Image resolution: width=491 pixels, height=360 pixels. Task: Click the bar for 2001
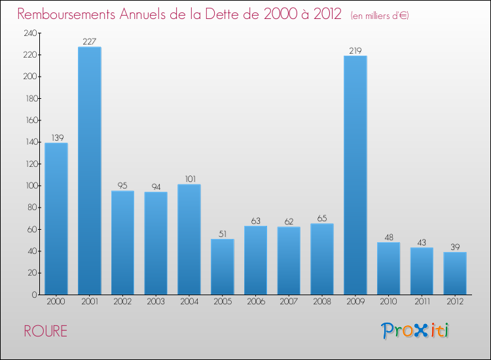coord(90,171)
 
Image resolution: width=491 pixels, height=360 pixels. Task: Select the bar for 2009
coord(355,175)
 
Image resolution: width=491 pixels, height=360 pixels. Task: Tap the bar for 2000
coord(56,219)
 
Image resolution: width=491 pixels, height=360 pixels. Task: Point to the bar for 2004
coord(189,239)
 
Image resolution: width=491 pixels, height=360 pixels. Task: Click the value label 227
coord(90,42)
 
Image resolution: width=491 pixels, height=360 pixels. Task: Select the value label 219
coord(355,50)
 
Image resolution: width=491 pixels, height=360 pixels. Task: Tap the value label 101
coord(189,179)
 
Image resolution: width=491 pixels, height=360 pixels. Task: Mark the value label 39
coord(455,247)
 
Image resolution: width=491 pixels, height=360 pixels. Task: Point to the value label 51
coord(223,234)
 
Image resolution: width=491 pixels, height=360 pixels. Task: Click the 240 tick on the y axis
coord(30,33)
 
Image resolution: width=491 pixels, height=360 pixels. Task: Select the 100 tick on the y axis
coord(30,186)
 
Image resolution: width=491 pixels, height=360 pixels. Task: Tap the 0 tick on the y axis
coord(33,295)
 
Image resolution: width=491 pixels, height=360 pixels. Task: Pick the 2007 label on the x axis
coord(289,301)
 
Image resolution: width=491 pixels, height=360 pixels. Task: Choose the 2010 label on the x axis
coord(389,301)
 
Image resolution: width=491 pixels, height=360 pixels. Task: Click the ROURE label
coord(46,331)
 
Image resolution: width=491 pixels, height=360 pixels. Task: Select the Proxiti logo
coord(415,331)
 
